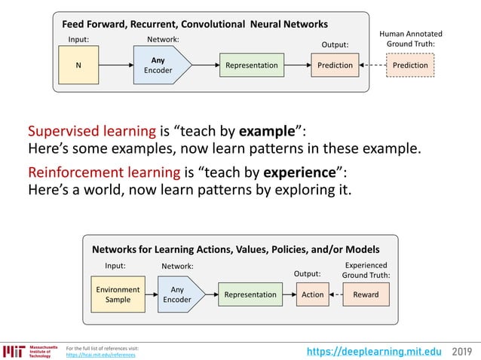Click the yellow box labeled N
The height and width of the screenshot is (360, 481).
coord(78,66)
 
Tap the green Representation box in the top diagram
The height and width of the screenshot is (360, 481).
coord(251,66)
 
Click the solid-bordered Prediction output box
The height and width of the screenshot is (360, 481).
coord(335,66)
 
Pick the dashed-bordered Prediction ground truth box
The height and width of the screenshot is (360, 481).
coord(410,66)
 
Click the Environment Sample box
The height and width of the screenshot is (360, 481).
coord(118,294)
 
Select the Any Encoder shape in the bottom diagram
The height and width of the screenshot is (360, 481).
coord(179,294)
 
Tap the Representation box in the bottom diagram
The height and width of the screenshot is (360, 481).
coord(250,294)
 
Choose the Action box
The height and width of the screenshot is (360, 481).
coord(312,294)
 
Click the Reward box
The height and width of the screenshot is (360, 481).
coord(366,294)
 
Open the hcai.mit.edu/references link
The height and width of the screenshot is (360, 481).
coord(101,354)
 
